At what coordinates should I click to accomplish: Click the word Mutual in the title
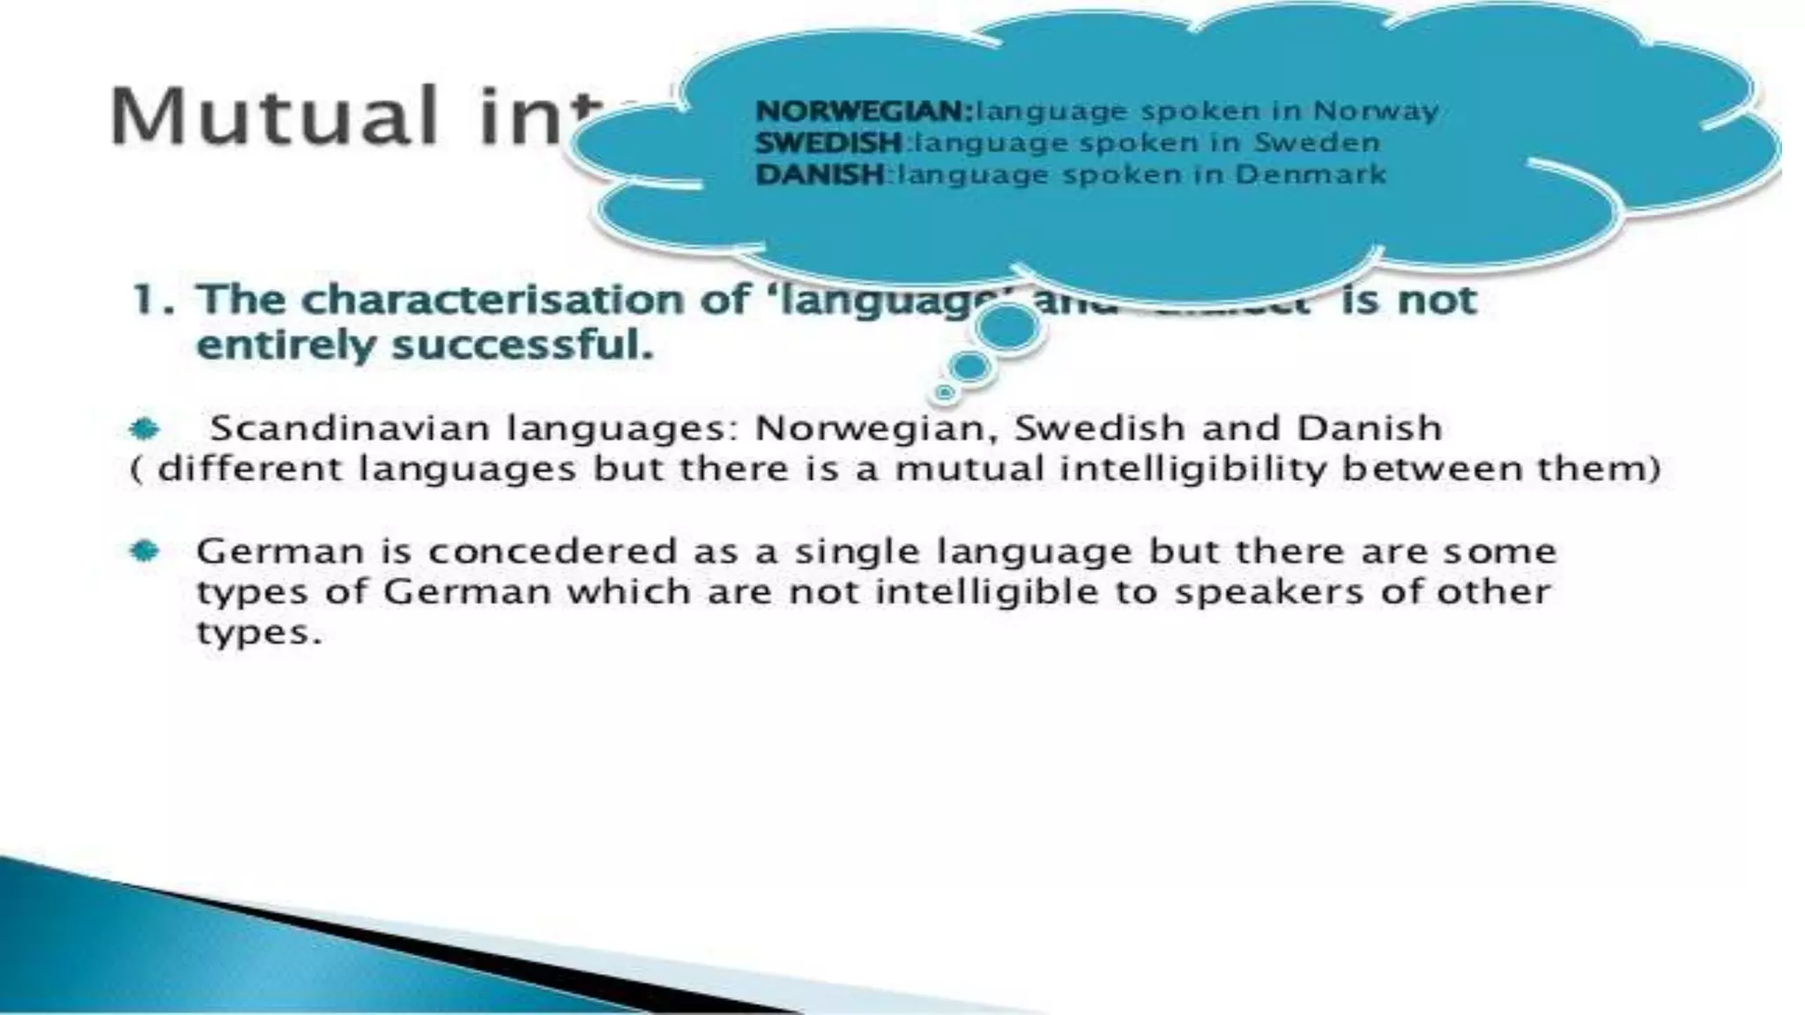coord(273,115)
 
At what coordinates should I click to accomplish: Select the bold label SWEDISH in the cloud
coord(828,143)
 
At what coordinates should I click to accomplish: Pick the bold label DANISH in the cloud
coord(820,174)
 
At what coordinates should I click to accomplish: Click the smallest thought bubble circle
coord(945,391)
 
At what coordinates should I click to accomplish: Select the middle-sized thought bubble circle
coord(970,367)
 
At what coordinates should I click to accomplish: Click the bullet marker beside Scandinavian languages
coord(144,429)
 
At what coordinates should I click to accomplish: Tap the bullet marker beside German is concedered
coord(144,552)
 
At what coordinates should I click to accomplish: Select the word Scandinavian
coord(349,429)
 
